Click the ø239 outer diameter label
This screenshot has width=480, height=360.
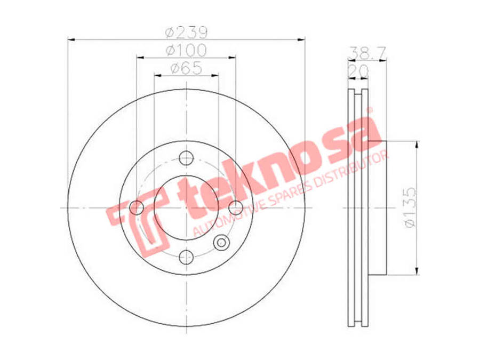(x=187, y=32)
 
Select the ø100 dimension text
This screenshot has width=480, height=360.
(x=187, y=51)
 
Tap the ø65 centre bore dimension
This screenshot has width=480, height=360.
(x=187, y=68)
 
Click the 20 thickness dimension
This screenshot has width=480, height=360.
(x=358, y=71)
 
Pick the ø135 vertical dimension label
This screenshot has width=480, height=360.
(x=410, y=207)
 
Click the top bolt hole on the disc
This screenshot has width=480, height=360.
(x=186, y=158)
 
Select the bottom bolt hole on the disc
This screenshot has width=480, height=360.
(x=186, y=257)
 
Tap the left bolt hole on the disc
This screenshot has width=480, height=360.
(x=137, y=208)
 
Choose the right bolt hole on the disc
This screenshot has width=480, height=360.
(x=236, y=208)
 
